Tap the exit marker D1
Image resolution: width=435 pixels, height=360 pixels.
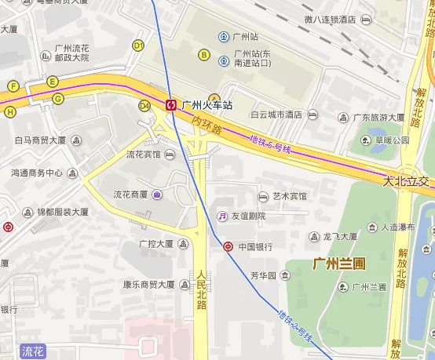point(138,45)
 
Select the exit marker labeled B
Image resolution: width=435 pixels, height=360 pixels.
point(204,55)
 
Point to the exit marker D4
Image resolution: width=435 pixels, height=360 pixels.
point(144,105)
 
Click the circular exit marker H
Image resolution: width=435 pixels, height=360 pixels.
point(9,111)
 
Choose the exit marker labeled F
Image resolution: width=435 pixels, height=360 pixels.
point(13,85)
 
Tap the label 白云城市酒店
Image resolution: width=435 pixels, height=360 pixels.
point(276,115)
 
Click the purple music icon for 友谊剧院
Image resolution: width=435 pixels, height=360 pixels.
point(223,216)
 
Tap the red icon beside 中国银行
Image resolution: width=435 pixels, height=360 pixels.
point(228,246)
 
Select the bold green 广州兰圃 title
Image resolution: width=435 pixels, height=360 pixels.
point(338,264)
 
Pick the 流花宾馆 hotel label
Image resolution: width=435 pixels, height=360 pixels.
point(144,155)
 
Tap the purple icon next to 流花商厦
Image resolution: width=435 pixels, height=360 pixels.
point(157,195)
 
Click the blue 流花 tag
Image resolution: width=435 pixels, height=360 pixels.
point(34,351)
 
